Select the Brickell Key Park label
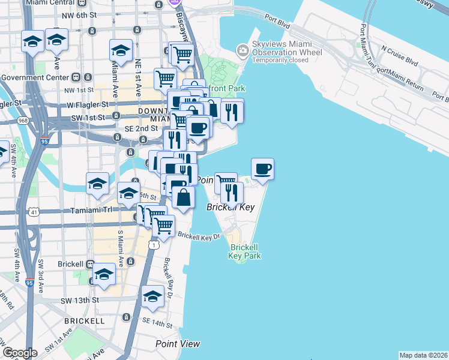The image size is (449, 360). click(244, 251)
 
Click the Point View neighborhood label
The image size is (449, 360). click(178, 344)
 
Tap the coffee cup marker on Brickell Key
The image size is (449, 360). click(262, 169)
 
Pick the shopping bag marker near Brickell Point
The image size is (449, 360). click(184, 197)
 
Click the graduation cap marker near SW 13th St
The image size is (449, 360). click(152, 296)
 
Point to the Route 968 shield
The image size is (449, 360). click(23, 121)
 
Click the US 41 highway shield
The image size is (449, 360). click(34, 212)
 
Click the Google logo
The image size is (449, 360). click(20, 353)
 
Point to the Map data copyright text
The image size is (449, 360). click(424, 355)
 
